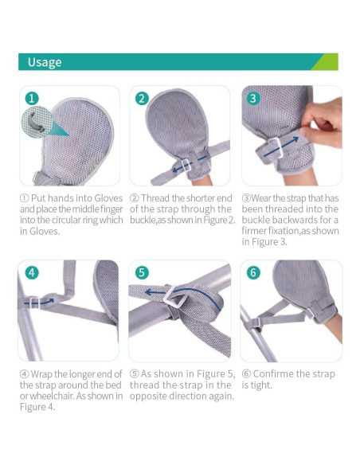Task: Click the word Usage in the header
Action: pyautogui.click(x=45, y=62)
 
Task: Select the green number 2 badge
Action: pyautogui.click(x=143, y=99)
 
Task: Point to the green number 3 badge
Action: pyautogui.click(x=253, y=99)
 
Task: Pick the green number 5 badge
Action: pyautogui.click(x=143, y=272)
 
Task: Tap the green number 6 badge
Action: pyautogui.click(x=253, y=272)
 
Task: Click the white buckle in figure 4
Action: pyautogui.click(x=33, y=302)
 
